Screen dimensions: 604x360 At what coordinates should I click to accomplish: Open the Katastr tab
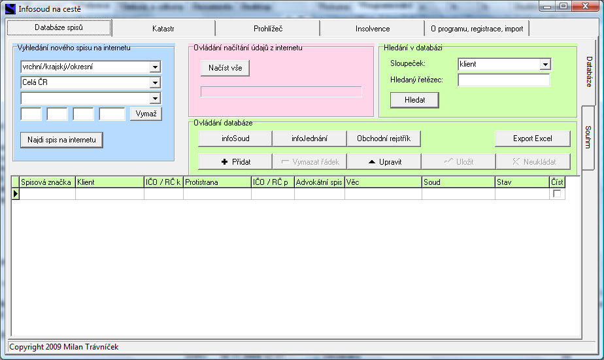coord(163,29)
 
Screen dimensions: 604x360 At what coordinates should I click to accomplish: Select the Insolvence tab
coord(373,29)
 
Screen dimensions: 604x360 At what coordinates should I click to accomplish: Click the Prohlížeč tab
coord(268,29)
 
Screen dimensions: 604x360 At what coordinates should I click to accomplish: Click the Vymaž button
coord(146,114)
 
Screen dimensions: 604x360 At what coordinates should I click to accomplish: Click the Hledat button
coord(414,100)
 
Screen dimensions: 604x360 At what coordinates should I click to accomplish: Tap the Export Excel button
coord(532,139)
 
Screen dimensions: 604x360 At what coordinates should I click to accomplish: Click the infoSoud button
coord(235,139)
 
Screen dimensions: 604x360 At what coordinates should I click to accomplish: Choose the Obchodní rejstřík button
coord(384,139)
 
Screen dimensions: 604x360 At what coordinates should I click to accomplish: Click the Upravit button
coord(384,162)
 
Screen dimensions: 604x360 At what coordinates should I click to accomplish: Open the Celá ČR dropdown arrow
coord(155,82)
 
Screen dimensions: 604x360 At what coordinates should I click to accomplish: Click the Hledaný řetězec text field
coord(503,80)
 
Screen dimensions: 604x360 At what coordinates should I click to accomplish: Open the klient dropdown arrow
coord(545,64)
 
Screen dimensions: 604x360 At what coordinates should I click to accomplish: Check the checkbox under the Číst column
coord(557,193)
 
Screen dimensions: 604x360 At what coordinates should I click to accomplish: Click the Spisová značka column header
coord(46,182)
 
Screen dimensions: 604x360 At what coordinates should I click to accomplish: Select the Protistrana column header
coord(217,182)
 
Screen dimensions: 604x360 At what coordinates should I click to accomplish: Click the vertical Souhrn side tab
coord(588,137)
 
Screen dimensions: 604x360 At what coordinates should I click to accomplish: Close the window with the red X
coord(585,6)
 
